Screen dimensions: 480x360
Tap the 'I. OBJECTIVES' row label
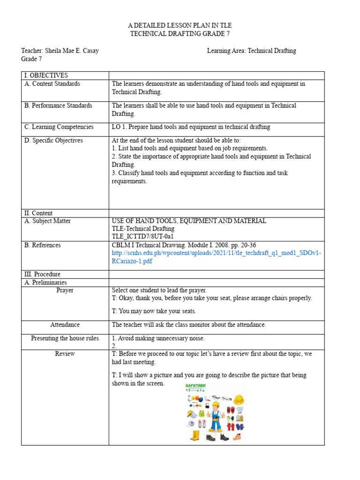(x=46, y=75)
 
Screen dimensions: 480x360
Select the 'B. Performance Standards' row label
(x=58, y=106)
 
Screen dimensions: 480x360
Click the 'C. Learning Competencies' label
(x=59, y=127)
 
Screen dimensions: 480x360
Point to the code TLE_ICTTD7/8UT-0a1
(x=143, y=237)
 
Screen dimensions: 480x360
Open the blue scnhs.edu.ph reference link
(x=216, y=257)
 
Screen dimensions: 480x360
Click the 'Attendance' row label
(x=65, y=325)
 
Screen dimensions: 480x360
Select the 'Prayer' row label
(x=65, y=291)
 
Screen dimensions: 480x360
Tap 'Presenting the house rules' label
(x=65, y=338)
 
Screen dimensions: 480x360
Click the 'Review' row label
(x=65, y=354)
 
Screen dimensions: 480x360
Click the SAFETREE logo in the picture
(x=196, y=387)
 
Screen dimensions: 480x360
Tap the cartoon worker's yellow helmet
(x=216, y=405)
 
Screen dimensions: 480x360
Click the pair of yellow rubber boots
(x=195, y=436)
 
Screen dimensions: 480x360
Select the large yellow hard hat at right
(x=238, y=399)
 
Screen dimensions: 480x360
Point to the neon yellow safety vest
(x=202, y=414)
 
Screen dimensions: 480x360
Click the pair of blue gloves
(x=239, y=427)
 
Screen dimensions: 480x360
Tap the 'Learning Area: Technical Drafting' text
(x=251, y=51)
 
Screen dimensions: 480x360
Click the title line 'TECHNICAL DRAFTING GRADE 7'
(x=180, y=34)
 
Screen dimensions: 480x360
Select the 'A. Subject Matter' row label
(x=48, y=221)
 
